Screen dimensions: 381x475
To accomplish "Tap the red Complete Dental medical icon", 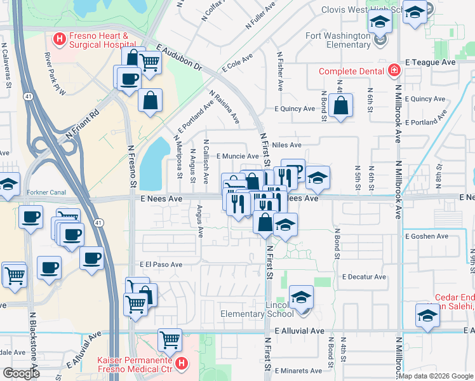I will tap(394, 71).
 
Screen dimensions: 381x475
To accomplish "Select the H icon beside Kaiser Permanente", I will tap(182, 364).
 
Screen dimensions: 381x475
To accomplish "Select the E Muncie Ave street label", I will tap(237, 156).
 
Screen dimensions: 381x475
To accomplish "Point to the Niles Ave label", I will tap(286, 145).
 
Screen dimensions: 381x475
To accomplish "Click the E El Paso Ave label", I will tap(161, 264).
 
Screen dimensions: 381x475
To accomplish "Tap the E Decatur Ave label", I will tap(363, 277).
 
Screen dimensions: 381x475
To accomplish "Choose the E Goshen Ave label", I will tap(426, 236).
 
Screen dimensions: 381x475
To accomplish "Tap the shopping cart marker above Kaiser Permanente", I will tap(170, 339).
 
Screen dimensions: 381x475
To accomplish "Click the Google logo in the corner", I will tap(21, 373).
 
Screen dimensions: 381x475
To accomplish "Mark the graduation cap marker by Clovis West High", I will tap(415, 13).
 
